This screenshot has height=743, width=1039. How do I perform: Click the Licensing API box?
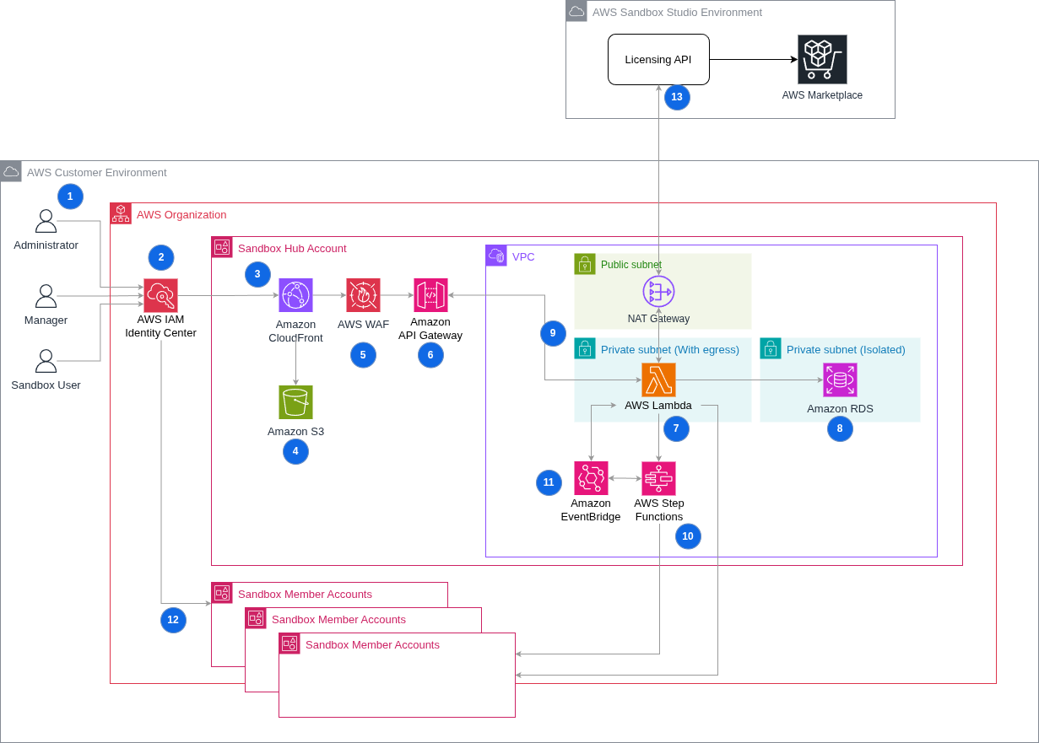click(658, 59)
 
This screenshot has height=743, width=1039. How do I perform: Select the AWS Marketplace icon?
click(822, 59)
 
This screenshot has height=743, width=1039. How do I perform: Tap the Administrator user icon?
click(46, 222)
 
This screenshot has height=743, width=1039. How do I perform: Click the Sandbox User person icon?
click(46, 361)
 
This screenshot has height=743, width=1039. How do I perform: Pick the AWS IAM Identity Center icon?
click(160, 295)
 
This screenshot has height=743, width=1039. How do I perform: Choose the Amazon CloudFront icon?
click(295, 295)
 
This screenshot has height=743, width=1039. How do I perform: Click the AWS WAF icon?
click(363, 295)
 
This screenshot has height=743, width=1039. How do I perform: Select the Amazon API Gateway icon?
click(430, 295)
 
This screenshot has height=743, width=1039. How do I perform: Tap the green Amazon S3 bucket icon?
click(295, 402)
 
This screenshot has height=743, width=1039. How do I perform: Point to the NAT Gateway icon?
click(658, 292)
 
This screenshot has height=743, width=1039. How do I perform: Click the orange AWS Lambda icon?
click(658, 380)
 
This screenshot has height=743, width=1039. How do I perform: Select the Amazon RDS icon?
click(840, 380)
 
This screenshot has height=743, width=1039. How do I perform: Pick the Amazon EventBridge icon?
click(591, 478)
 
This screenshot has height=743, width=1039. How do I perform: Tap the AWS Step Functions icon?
click(658, 478)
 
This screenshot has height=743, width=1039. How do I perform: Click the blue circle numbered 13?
click(677, 97)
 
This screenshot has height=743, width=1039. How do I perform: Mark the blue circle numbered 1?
click(70, 197)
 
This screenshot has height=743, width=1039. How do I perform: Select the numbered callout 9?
click(553, 333)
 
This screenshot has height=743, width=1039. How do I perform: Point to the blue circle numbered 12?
click(173, 620)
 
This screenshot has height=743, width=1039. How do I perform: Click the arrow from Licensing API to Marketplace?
click(751, 59)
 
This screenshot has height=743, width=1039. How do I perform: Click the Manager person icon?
click(46, 296)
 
